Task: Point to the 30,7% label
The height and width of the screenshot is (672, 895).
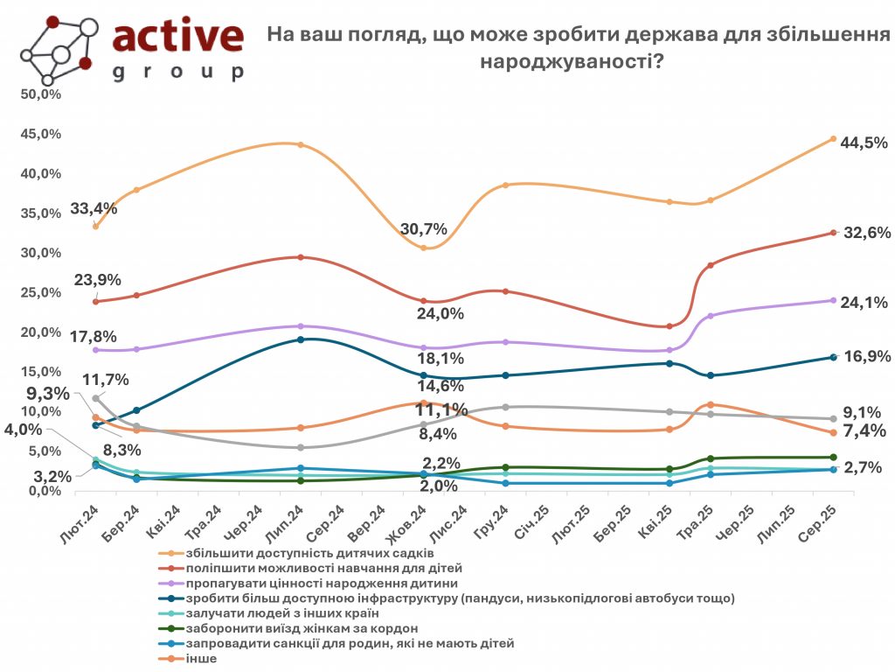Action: (x=424, y=230)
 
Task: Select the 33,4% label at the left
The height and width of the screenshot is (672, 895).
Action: (x=94, y=209)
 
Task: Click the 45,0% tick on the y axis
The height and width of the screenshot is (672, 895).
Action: (x=41, y=134)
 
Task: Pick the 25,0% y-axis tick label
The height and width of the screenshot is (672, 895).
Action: (x=41, y=292)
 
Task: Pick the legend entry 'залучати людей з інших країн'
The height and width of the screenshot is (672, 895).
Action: (x=272, y=613)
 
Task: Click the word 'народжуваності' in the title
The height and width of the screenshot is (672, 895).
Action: (x=569, y=62)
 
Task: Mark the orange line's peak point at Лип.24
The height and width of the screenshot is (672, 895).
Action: (x=301, y=144)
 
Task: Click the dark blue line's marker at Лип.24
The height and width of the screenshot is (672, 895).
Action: (x=301, y=339)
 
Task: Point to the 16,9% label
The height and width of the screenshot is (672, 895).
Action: (x=866, y=357)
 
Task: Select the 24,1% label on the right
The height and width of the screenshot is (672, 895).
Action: (x=864, y=303)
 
